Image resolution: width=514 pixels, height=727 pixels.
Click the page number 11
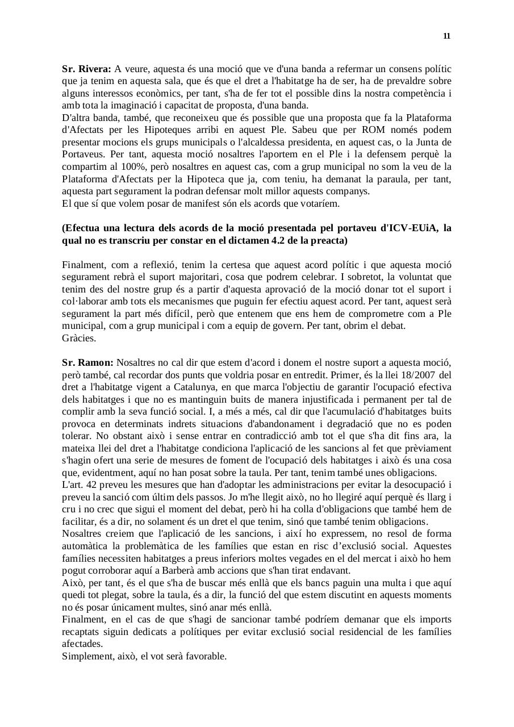coord(446,36)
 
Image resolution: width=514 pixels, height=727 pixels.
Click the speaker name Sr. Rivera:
coord(86,69)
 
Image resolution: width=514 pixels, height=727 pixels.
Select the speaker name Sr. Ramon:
coord(87,362)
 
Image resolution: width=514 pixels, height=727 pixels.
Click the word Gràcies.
coord(79,338)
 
